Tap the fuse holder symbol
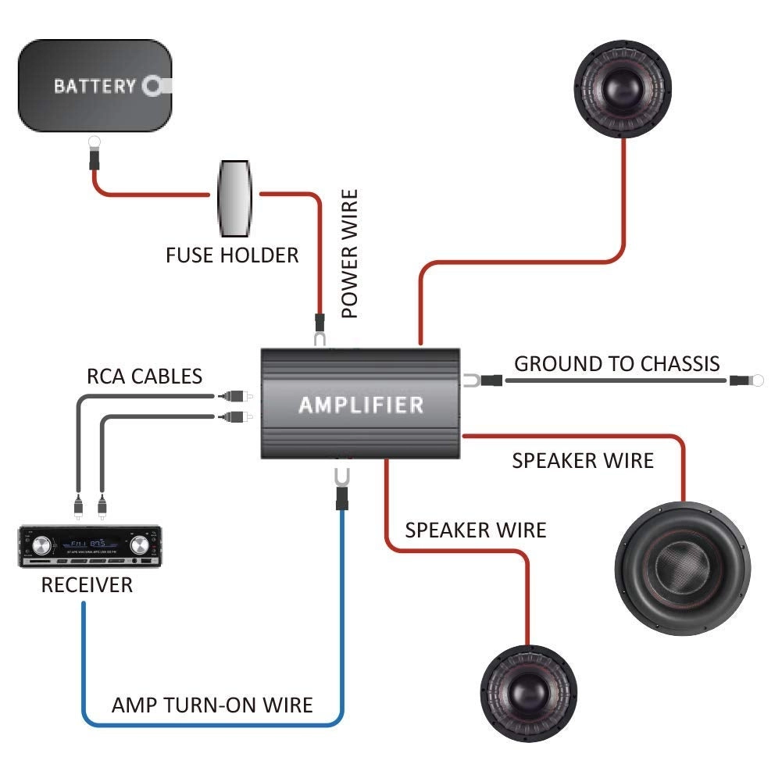[235, 198]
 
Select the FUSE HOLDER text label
[232, 255]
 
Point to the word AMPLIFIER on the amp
[361, 405]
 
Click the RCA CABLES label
[145, 377]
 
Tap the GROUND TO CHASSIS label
[617, 363]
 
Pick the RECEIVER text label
[87, 584]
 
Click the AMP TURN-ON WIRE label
[212, 705]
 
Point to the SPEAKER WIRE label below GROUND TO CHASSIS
[583, 461]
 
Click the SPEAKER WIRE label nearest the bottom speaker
[475, 530]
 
